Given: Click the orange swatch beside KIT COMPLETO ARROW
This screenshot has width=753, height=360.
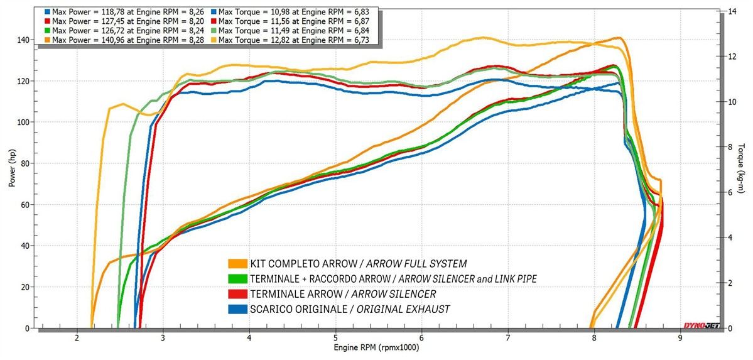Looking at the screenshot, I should point(237,263).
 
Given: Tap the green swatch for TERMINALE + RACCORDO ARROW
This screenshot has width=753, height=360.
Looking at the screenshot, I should point(237,278).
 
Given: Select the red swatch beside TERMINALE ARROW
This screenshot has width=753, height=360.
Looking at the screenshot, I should point(237,293).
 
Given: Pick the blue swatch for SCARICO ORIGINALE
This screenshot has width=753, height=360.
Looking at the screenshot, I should point(237,308).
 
